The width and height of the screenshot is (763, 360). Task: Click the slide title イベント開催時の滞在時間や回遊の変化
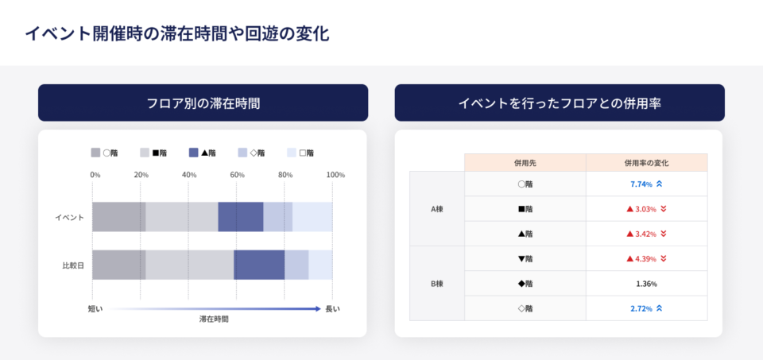pos(176,33)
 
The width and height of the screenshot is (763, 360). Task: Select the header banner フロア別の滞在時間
pos(203,103)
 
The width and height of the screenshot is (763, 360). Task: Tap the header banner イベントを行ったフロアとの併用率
pos(560,103)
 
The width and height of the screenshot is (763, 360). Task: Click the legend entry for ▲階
pos(203,153)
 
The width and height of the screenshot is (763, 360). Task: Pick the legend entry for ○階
pos(106,153)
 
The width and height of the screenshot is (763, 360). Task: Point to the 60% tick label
pos(237,175)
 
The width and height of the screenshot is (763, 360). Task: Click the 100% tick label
pos(335,175)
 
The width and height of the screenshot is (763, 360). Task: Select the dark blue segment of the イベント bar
pos(240,217)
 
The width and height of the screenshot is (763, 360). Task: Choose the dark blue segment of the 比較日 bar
pos(259,265)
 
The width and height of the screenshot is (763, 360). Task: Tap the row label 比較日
pos(73,265)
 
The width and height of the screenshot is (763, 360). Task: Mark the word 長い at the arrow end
pos(332,308)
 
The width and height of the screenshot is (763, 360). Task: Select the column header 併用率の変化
pos(646,162)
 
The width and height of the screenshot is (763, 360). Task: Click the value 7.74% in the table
pos(641,184)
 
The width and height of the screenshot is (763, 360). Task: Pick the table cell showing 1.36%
pos(646,284)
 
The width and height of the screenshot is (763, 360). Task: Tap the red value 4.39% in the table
pos(645,258)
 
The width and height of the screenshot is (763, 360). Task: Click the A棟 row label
pos(436,209)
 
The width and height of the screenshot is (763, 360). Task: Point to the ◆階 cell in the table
pos(525,284)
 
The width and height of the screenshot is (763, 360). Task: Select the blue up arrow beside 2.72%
pos(660,308)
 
